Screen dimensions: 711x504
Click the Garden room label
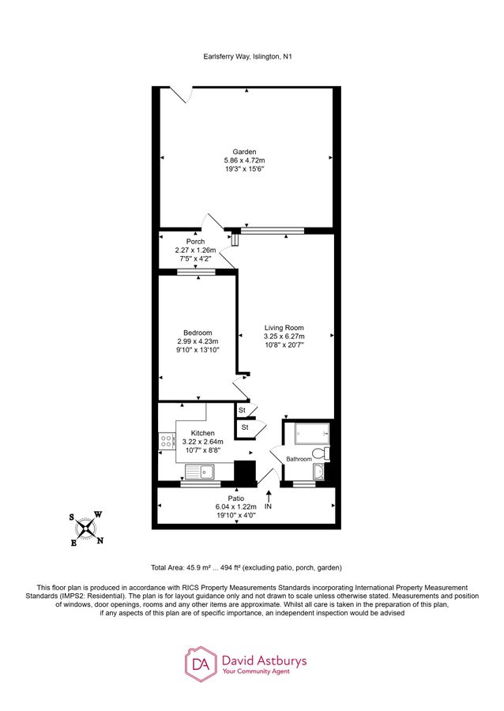click(243, 152)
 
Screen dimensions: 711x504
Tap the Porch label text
click(195, 242)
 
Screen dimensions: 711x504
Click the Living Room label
click(284, 328)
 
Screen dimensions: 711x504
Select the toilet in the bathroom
click(320, 453)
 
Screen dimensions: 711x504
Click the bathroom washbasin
click(318, 473)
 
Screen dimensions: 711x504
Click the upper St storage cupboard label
click(243, 411)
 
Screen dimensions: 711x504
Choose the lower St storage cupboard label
click(245, 427)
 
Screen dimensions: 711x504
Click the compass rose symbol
click(86, 529)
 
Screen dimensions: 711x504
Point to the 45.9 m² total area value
click(200, 567)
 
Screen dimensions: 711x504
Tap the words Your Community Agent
click(256, 671)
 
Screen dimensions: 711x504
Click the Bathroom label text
click(298, 458)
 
